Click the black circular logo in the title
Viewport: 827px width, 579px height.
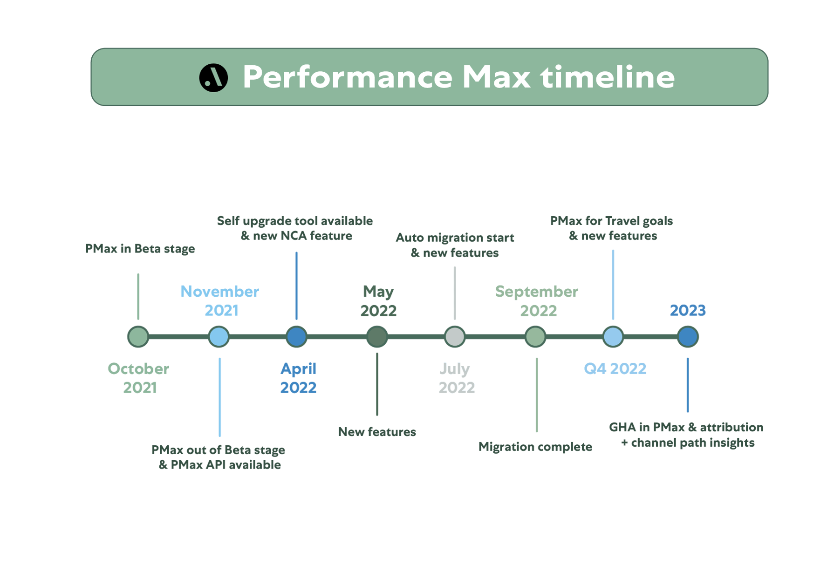click(213, 78)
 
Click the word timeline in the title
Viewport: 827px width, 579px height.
click(608, 77)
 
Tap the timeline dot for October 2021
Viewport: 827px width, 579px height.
click(138, 337)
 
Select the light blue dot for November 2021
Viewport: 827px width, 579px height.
click(219, 337)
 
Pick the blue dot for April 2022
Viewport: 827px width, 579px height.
click(296, 337)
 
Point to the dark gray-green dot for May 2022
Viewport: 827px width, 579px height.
click(377, 337)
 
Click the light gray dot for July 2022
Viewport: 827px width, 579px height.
click(455, 337)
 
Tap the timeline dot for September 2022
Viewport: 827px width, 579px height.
click(535, 337)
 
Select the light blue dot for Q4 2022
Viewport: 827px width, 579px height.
click(613, 337)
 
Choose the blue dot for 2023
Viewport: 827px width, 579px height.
click(688, 337)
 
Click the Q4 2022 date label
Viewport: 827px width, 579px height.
click(615, 369)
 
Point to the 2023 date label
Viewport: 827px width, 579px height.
click(688, 310)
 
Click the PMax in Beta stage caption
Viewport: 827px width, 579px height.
click(140, 249)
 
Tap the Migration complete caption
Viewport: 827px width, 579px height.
click(535, 447)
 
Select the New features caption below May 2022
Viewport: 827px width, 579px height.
click(377, 432)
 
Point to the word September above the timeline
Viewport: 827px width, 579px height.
click(537, 292)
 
